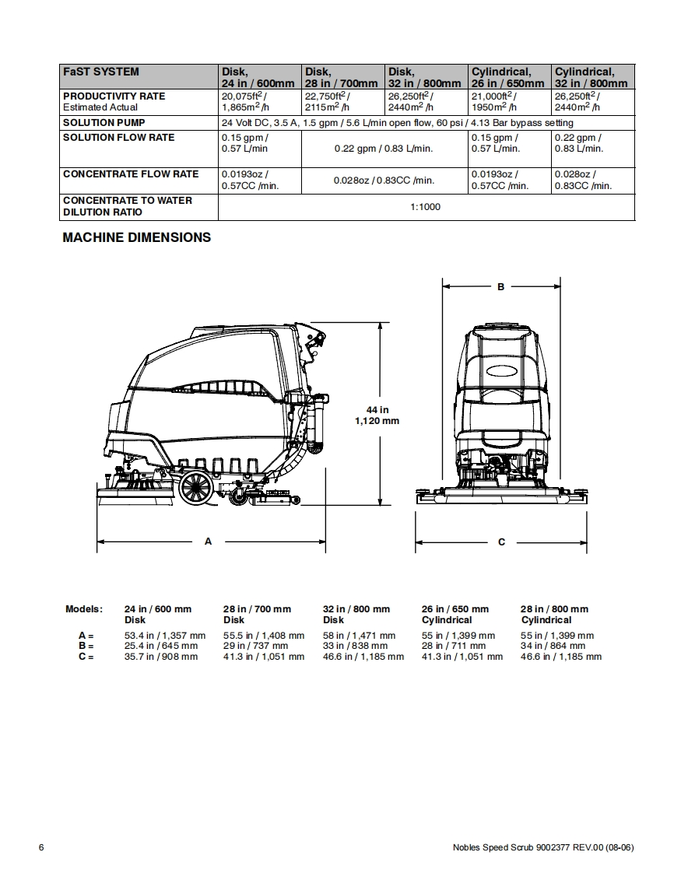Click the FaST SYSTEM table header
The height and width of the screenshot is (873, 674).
[x=101, y=72]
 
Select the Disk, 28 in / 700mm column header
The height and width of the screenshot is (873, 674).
[x=342, y=77]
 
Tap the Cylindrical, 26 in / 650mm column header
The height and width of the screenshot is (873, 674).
[x=508, y=77]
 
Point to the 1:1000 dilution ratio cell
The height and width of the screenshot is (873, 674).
[x=426, y=207]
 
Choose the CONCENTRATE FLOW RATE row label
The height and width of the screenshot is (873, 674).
[x=131, y=174]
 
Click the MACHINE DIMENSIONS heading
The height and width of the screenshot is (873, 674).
[x=136, y=237]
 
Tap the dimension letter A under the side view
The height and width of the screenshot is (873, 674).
[x=208, y=542]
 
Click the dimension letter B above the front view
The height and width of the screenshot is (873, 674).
[x=501, y=287]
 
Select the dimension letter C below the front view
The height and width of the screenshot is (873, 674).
[x=501, y=542]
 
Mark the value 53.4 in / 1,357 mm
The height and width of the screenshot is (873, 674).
[x=165, y=636]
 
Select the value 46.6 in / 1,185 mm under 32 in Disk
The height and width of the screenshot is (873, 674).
[x=363, y=657]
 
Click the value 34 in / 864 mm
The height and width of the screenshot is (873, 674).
[x=553, y=646]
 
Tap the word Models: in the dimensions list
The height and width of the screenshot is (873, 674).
[x=83, y=609]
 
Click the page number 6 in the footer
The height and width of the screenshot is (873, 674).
[x=41, y=847]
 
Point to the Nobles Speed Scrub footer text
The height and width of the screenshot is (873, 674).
[x=542, y=847]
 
